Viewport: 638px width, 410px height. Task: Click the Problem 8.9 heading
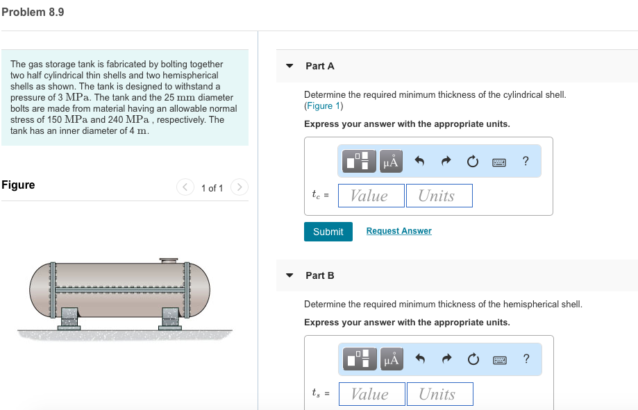point(33,12)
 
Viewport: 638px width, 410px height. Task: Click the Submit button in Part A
point(328,232)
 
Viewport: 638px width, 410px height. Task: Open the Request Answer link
point(398,231)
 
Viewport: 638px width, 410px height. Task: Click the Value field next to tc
point(371,196)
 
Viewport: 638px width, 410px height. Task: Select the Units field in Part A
point(439,196)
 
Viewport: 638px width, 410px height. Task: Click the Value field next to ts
point(371,394)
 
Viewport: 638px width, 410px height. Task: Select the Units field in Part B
point(439,394)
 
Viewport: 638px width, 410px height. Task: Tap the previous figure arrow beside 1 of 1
point(185,187)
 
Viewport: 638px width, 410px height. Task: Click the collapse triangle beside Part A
point(290,66)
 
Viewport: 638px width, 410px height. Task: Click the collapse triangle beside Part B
point(290,275)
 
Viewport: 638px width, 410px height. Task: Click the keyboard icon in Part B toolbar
point(499,359)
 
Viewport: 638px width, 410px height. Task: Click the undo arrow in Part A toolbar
point(419,162)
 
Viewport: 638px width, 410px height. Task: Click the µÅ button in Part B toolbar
point(391,359)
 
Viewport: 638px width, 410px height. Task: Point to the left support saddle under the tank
point(69,318)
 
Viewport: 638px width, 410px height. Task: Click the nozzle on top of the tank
point(169,261)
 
